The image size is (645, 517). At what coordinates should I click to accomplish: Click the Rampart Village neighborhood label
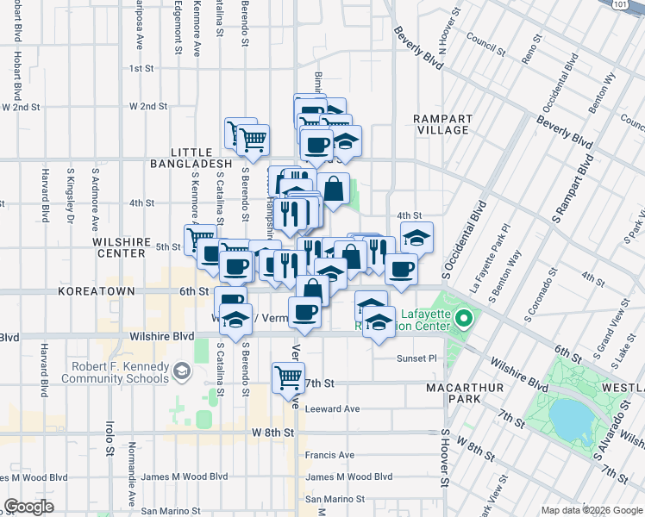[441, 124]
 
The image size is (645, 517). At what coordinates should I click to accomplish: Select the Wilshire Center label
[120, 248]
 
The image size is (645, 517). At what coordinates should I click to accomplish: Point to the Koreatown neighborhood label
[97, 292]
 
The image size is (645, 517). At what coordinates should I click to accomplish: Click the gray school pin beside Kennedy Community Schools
[181, 371]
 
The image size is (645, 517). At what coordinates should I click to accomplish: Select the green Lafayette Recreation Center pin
[464, 321]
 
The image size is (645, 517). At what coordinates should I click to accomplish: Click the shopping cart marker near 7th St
[288, 377]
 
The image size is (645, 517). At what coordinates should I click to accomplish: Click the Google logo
[28, 507]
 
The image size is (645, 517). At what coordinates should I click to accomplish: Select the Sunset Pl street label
[417, 358]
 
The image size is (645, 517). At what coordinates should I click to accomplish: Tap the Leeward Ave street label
[332, 408]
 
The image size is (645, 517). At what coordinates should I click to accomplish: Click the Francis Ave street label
[329, 455]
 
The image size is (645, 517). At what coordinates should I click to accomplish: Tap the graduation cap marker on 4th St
[416, 236]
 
